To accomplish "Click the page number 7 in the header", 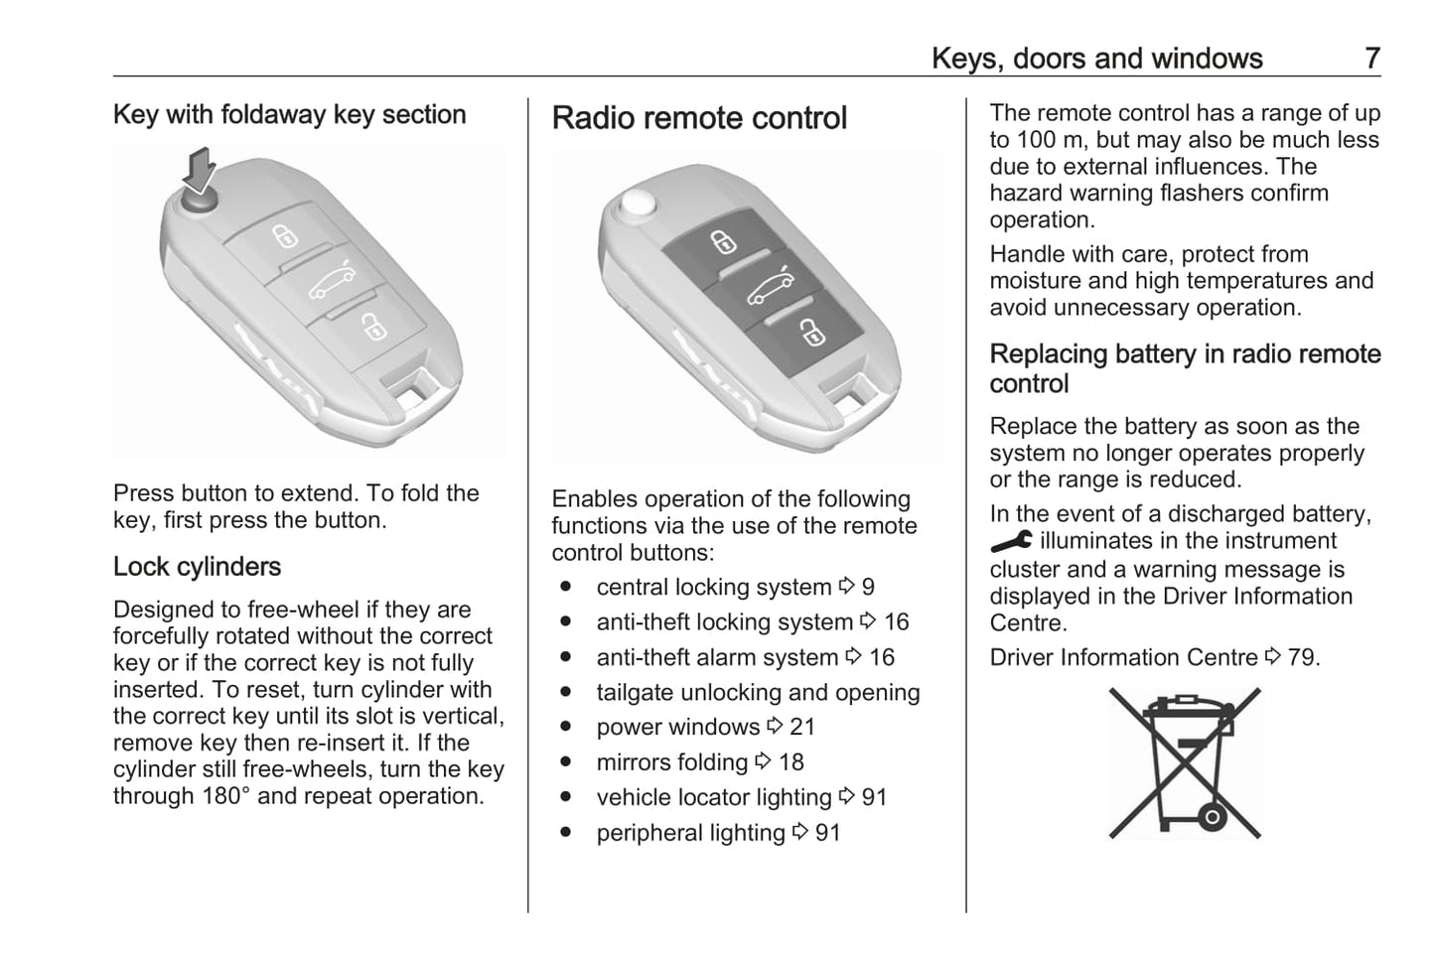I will point(1371,59).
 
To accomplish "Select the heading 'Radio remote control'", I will point(699,118).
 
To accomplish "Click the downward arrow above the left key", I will point(202,168).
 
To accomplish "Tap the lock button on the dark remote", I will point(723,242).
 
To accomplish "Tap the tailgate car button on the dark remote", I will point(770,287).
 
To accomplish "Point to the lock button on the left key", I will point(286,236).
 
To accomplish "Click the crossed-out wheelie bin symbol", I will point(1185,762).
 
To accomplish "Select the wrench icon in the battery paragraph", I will point(1011,541).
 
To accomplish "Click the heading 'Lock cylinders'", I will point(197,567).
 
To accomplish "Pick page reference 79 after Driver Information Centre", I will point(1302,657).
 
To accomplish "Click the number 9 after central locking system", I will point(868,588).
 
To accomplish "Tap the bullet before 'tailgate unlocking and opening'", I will point(565,692).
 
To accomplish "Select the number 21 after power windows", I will point(802,727).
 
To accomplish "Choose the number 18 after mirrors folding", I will point(791,762).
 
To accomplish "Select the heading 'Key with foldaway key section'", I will point(289,114).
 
